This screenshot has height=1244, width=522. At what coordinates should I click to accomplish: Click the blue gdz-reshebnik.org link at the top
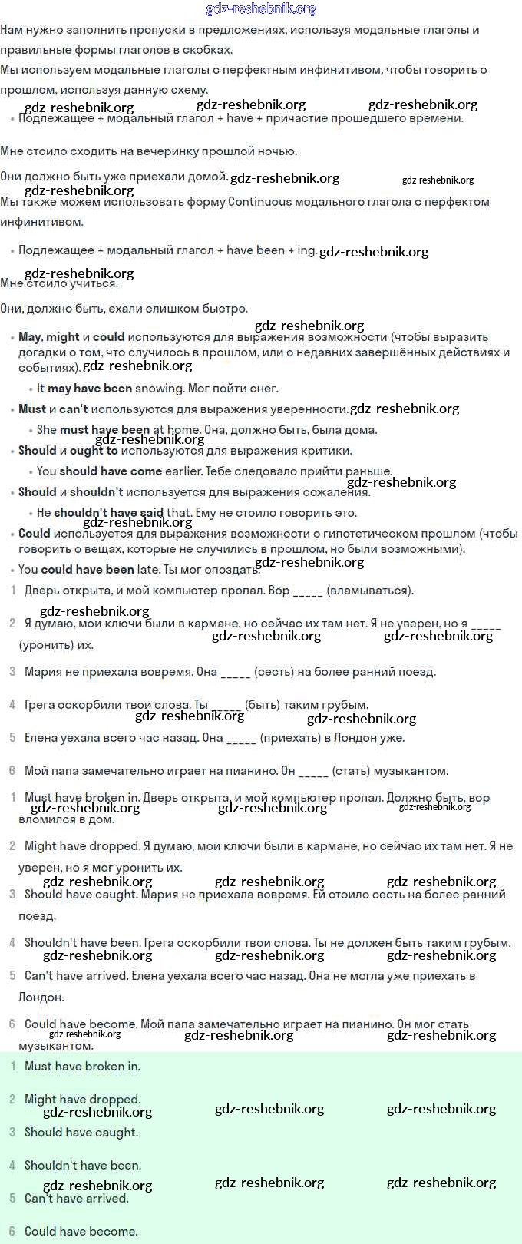[261, 9]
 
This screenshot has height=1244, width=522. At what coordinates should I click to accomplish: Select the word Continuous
[260, 202]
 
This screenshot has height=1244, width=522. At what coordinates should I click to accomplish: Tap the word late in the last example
[150, 570]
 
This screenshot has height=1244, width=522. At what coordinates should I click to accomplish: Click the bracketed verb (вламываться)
[370, 591]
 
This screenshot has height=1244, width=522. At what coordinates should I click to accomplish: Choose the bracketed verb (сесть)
[273, 672]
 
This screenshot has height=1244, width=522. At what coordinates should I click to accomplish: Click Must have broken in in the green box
[82, 1067]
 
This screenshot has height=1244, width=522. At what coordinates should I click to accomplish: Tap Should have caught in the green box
[81, 1133]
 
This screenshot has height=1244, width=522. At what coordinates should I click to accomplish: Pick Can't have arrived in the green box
[77, 1199]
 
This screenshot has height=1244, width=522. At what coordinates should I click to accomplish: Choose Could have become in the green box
[81, 1232]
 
